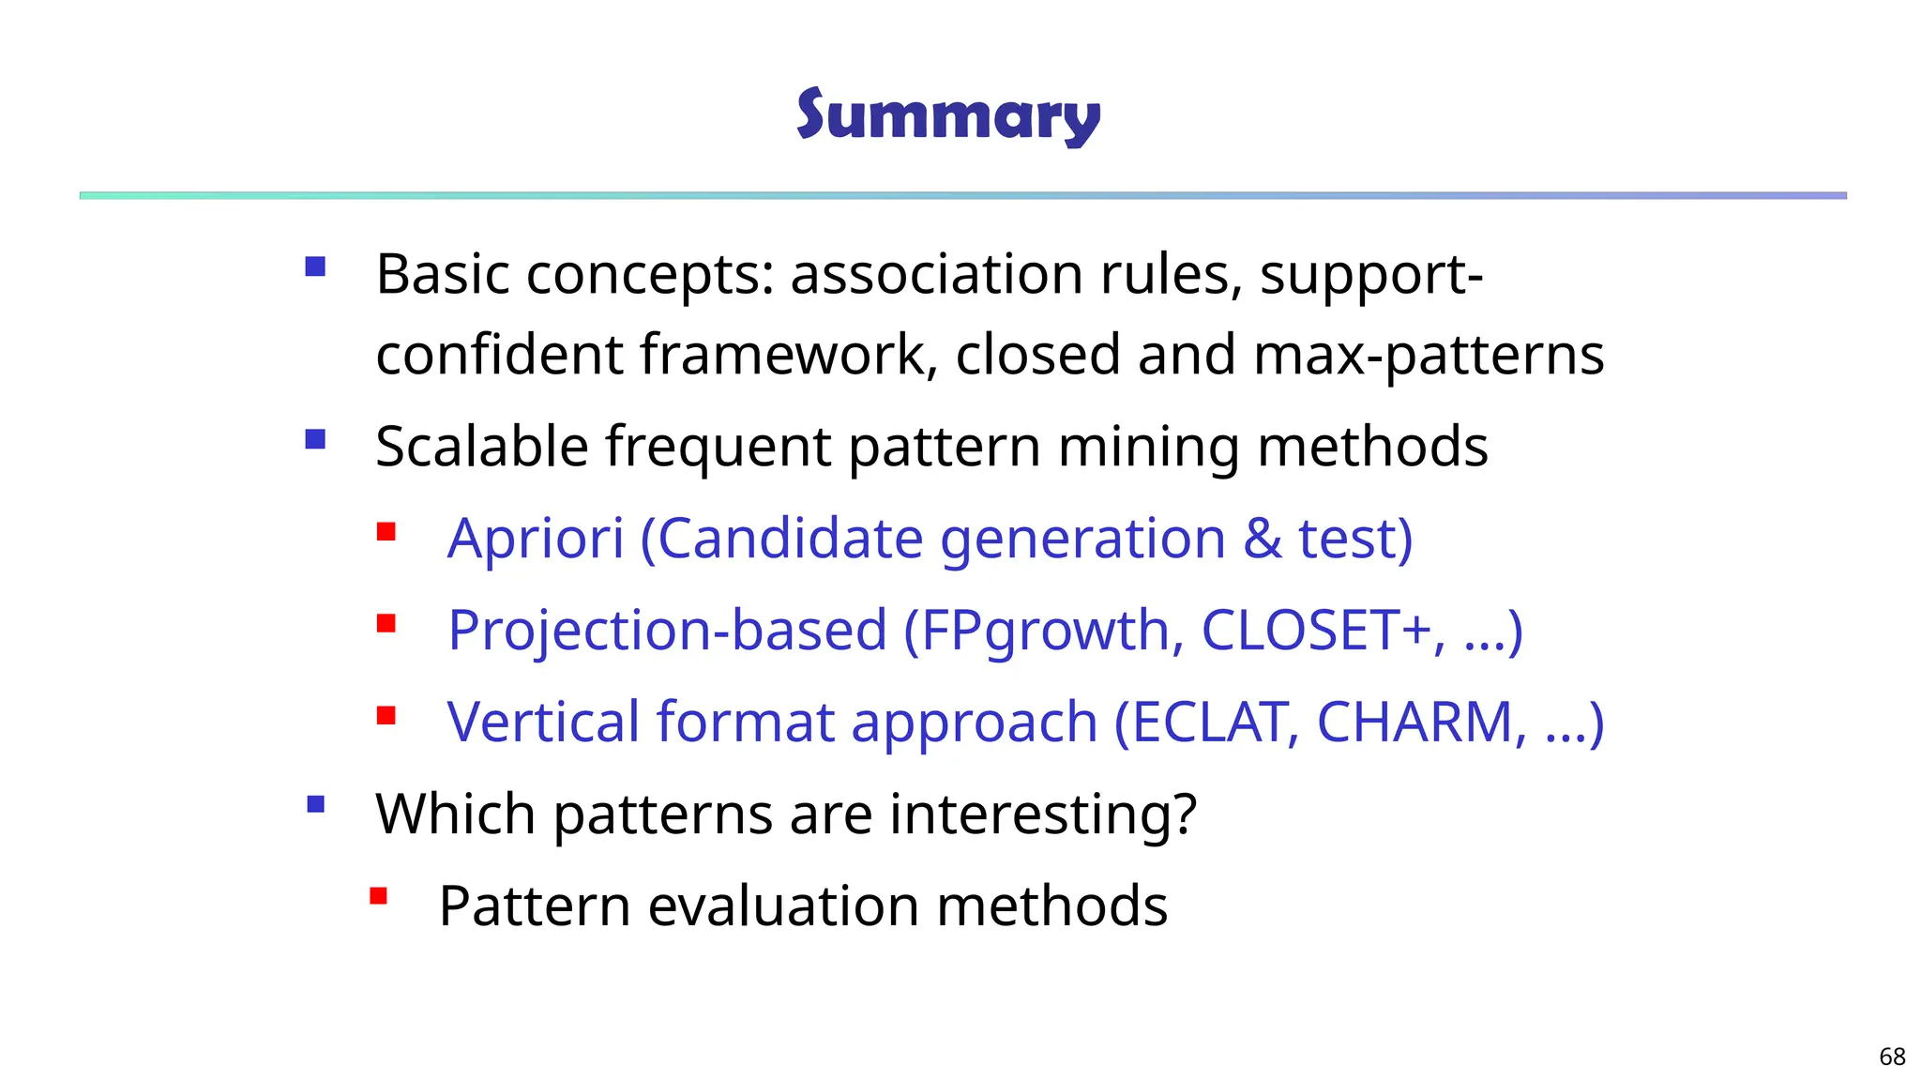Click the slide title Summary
pos(947,116)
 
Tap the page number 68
pos(1892,1057)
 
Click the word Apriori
pos(536,539)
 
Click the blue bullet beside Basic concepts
pos(315,267)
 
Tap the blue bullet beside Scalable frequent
pos(315,439)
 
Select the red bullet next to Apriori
pos(386,533)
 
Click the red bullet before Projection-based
pos(386,624)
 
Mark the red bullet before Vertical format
pos(386,716)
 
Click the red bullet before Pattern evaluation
pos(378,896)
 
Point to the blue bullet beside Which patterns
pos(315,804)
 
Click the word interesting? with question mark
pos(1043,814)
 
